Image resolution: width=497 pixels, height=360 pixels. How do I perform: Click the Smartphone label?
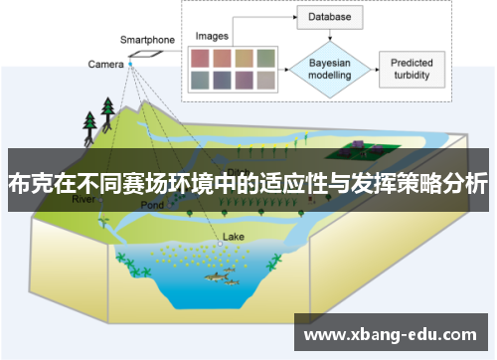147,40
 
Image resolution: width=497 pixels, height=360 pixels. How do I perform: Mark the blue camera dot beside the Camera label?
129,66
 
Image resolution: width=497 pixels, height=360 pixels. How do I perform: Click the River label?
85,200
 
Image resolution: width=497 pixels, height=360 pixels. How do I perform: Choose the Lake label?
233,237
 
